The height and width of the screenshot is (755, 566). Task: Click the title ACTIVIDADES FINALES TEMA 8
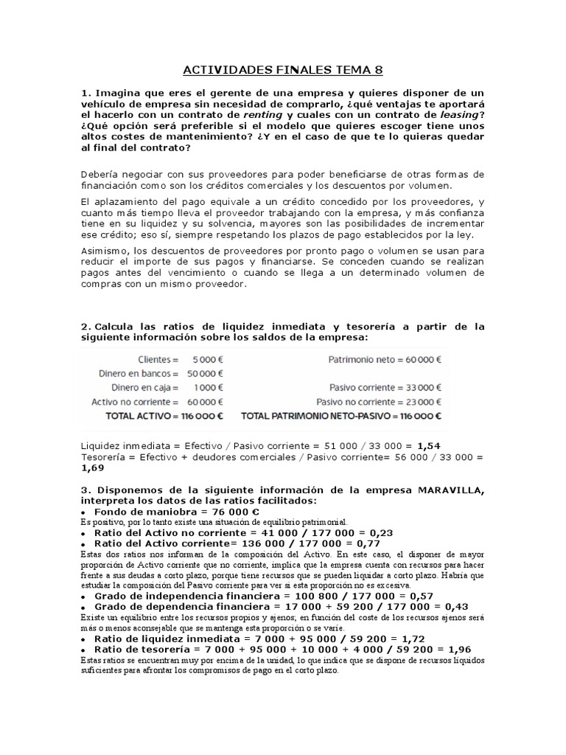283,71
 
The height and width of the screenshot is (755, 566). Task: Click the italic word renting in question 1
263,115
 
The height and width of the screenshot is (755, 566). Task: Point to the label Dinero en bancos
139,374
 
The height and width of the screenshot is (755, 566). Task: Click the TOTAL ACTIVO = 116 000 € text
155,416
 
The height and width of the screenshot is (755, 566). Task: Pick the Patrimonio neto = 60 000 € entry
384,360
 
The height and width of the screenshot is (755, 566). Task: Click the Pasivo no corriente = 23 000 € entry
379,402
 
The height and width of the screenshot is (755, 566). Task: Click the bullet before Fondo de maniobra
85,512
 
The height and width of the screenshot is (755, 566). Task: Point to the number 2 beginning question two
85,326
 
